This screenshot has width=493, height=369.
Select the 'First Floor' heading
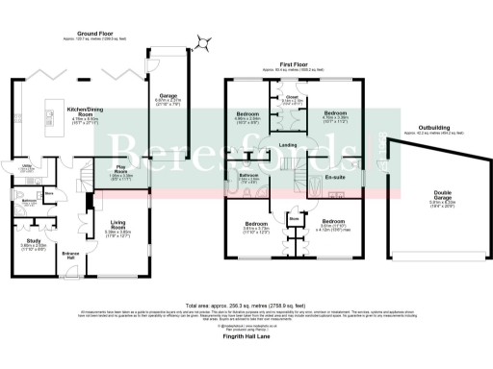coord(294,65)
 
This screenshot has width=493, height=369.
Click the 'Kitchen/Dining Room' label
coord(87,111)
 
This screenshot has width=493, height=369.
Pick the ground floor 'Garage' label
coord(168,95)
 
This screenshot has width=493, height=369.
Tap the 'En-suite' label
coord(336,177)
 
